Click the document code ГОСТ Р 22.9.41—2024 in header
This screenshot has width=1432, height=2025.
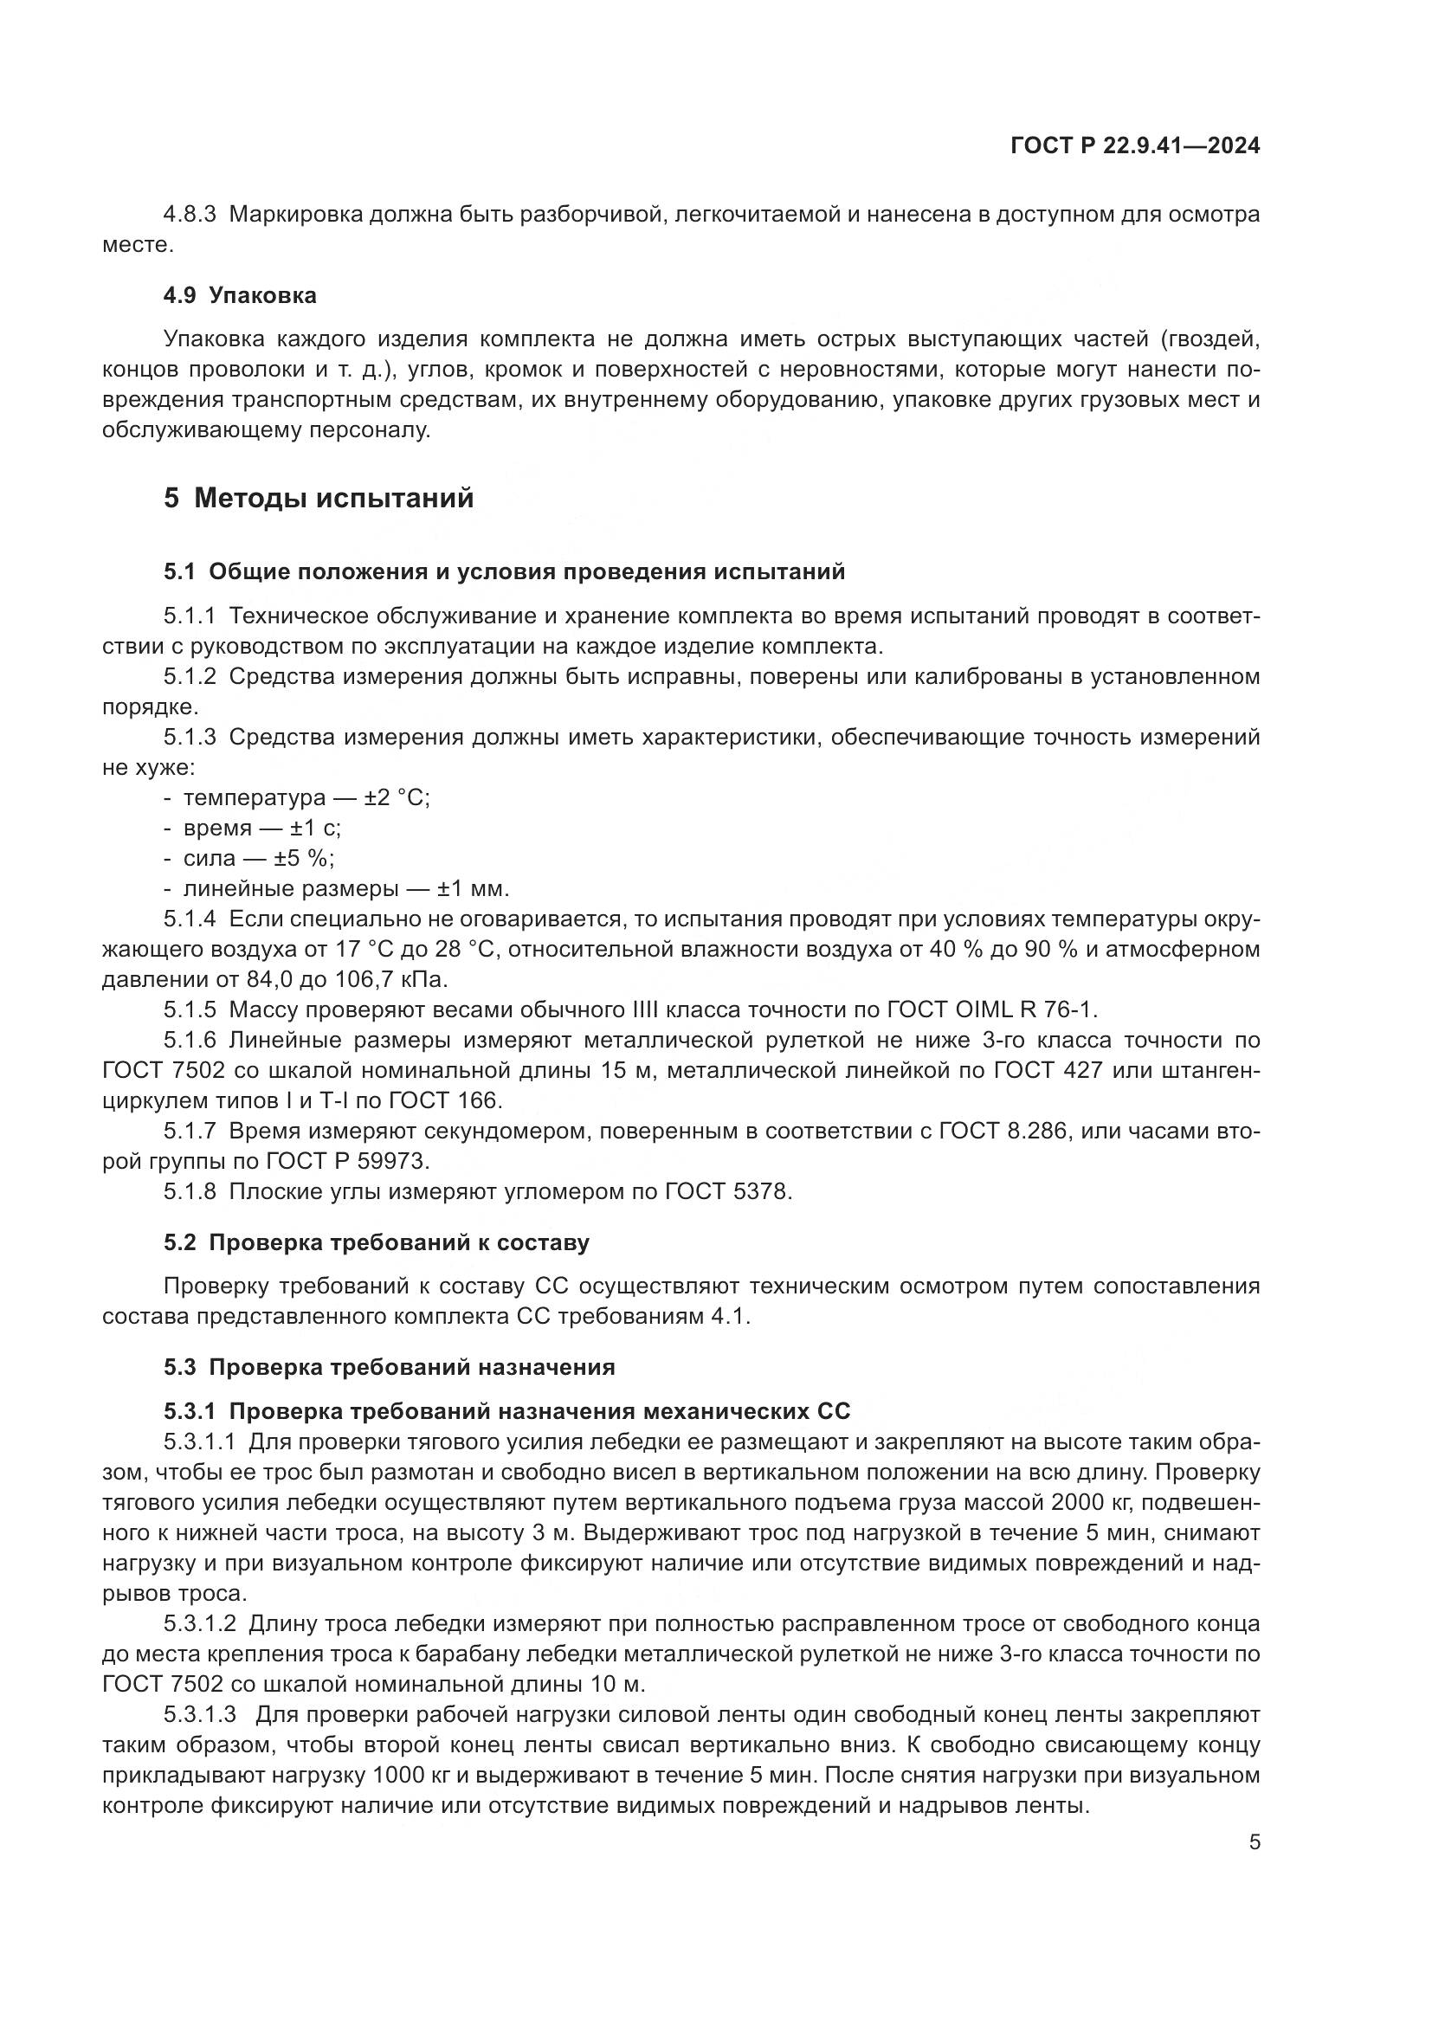pyautogui.click(x=1135, y=146)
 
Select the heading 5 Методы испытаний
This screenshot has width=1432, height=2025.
pyautogui.click(x=319, y=499)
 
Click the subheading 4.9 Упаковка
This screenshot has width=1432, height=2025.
pyautogui.click(x=240, y=295)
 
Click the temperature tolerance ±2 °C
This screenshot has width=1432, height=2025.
pyautogui.click(x=397, y=797)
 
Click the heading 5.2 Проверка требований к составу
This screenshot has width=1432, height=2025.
pyautogui.click(x=377, y=1242)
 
